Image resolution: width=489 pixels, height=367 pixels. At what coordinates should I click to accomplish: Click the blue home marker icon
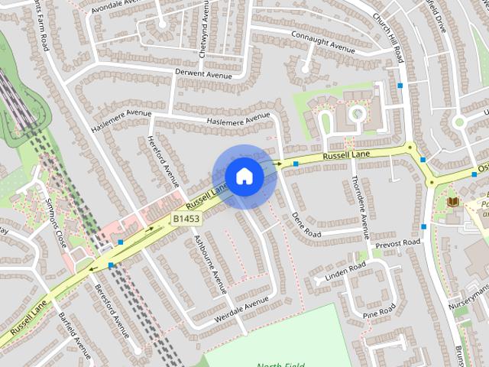(x=244, y=177)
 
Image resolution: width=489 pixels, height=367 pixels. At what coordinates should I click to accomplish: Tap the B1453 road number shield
(x=186, y=219)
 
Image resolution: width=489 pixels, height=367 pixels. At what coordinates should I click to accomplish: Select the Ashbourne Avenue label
(x=210, y=264)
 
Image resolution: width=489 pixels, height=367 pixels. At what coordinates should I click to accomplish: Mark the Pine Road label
(x=380, y=311)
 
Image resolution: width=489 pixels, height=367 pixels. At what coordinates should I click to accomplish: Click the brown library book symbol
(x=454, y=202)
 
